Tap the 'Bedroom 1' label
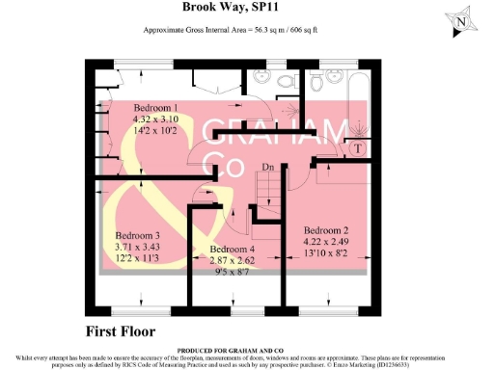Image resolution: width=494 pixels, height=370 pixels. click(x=155, y=107)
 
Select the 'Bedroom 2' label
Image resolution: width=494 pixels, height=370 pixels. click(x=326, y=230)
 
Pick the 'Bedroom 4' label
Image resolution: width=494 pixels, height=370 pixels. click(x=231, y=250)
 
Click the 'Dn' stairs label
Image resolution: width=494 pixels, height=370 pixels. click(x=267, y=168)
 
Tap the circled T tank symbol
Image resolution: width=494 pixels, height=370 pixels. click(x=357, y=148)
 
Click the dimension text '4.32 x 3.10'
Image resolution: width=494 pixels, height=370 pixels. click(x=155, y=119)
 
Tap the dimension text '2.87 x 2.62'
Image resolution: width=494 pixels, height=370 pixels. click(x=231, y=261)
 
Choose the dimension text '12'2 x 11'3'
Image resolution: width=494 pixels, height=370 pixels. click(x=137, y=259)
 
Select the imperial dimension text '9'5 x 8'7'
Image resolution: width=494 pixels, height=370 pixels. click(x=231, y=273)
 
